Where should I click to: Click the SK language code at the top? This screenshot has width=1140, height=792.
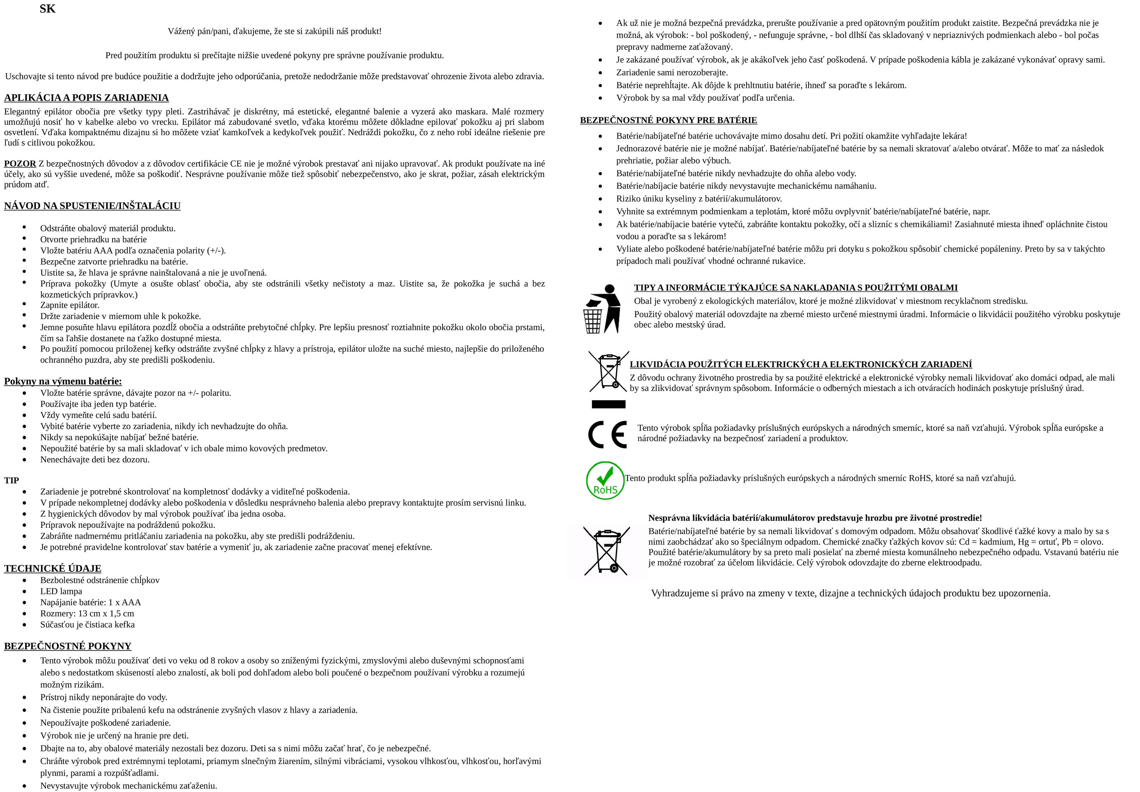pyautogui.click(x=48, y=9)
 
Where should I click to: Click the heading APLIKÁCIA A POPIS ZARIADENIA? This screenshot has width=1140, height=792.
pyautogui.click(x=86, y=98)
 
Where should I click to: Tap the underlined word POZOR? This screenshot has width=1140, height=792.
pyautogui.click(x=20, y=164)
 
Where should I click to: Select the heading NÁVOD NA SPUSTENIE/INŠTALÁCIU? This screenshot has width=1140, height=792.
pyautogui.click(x=92, y=206)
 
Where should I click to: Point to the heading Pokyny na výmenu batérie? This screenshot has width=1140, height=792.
pyautogui.click(x=63, y=381)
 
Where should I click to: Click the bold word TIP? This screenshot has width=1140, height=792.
pyautogui.click(x=11, y=480)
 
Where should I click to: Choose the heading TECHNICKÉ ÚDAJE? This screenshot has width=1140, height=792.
pyautogui.click(x=53, y=569)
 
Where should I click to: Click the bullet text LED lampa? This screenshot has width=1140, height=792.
pyautogui.click(x=61, y=591)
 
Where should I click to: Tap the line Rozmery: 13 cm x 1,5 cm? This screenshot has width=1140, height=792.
pyautogui.click(x=87, y=613)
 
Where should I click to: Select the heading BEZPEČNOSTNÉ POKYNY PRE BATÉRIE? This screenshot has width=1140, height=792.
pyautogui.click(x=668, y=120)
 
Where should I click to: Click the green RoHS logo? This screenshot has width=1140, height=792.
pyautogui.click(x=605, y=480)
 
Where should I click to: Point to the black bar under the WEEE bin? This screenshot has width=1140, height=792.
pyautogui.click(x=608, y=404)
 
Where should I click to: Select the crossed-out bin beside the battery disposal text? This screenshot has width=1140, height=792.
pyautogui.click(x=606, y=552)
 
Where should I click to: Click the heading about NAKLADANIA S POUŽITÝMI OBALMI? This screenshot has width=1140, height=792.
pyautogui.click(x=796, y=288)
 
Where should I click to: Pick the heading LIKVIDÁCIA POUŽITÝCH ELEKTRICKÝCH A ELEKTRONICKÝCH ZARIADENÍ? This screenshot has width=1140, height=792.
pyautogui.click(x=800, y=364)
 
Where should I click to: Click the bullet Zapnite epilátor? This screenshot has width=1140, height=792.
pyautogui.click(x=70, y=305)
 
